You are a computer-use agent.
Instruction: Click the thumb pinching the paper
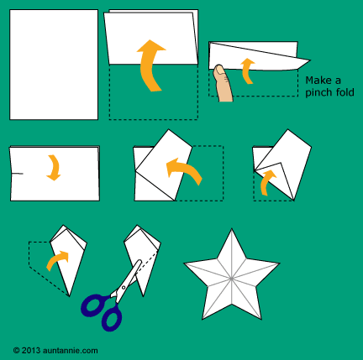coord(223,83)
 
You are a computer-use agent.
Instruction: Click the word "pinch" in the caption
coord(317,92)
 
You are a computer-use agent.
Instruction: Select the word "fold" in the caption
coord(344,92)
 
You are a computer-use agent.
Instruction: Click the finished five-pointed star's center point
coord(231,279)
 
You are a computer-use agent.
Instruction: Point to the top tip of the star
coord(231,229)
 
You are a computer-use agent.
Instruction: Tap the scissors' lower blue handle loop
coord(112,318)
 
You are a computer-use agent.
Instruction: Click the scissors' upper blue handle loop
coord(94,305)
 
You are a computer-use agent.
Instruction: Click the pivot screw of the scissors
coord(124,287)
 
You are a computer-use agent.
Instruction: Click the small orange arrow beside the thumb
coord(246,71)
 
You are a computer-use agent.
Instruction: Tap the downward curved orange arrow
coord(55,167)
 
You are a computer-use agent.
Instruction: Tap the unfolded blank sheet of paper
coord(54,65)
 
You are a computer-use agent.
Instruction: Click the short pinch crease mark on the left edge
coord(17,174)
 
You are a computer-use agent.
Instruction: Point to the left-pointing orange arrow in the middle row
coord(182,171)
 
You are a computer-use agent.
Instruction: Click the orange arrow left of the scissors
coord(57,260)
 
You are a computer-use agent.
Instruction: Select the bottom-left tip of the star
coord(203,319)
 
